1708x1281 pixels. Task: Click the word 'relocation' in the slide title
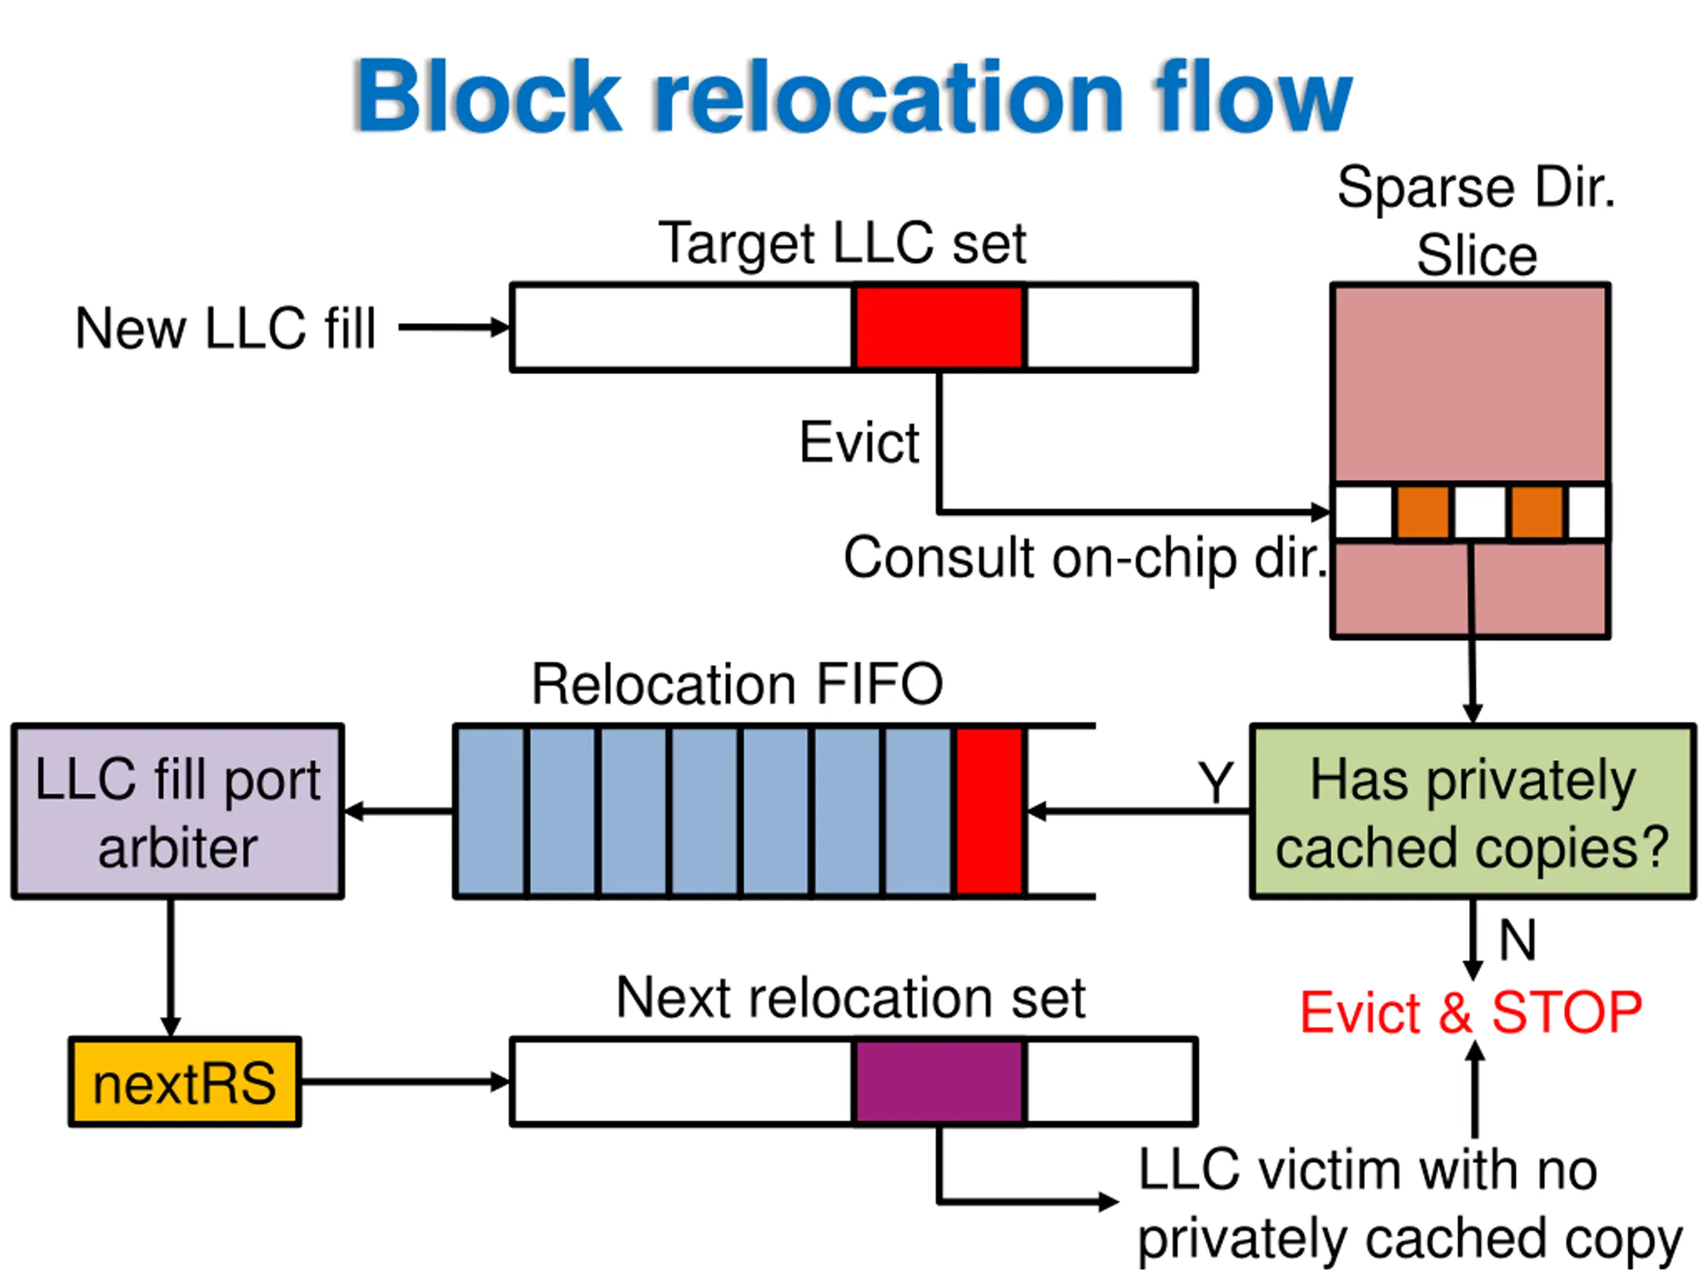tap(888, 97)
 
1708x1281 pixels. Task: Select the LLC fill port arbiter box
tap(177, 811)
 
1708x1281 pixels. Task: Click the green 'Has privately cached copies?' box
tap(1472, 811)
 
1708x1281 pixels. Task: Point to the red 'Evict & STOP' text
tap(1470, 1011)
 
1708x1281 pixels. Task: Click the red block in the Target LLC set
tap(939, 328)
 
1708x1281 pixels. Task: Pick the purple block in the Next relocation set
tap(939, 1081)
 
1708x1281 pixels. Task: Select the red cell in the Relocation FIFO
tap(990, 811)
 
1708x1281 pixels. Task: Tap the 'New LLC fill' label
tap(225, 329)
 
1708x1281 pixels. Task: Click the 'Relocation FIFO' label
tap(737, 684)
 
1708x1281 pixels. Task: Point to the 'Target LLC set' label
tap(841, 244)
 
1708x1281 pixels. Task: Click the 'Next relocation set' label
tap(850, 997)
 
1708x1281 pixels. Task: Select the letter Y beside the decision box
tap(1216, 782)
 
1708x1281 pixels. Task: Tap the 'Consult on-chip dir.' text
tap(1085, 558)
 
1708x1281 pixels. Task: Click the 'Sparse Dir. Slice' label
tap(1476, 221)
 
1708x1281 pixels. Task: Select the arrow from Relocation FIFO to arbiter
tap(398, 811)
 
